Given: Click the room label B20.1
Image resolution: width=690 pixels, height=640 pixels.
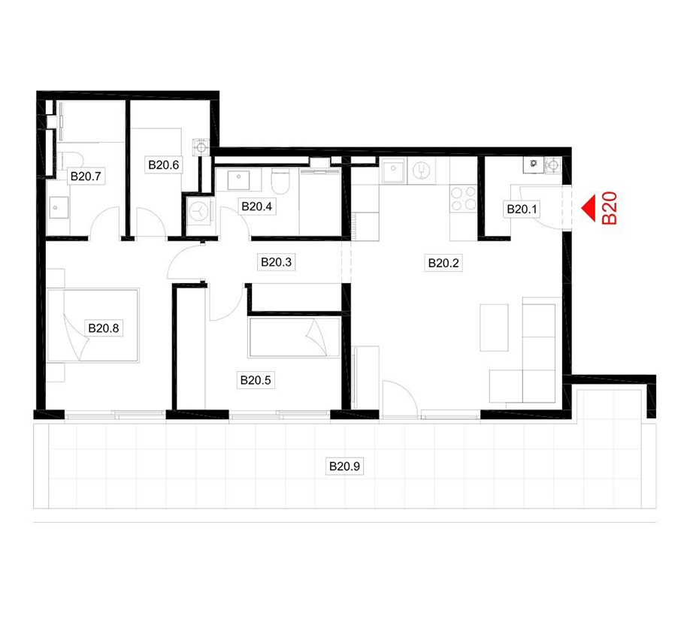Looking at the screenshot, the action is tap(522, 209).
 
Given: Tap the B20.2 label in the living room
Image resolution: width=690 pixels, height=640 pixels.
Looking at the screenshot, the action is tap(443, 263).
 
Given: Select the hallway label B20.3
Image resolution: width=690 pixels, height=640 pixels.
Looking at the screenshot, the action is tap(276, 262).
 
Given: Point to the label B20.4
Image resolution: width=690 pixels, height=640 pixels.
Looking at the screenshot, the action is tap(256, 207).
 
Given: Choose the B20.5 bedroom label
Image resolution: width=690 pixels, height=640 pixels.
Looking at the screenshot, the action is tap(256, 380).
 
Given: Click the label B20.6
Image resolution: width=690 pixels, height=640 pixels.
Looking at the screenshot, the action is tap(163, 165).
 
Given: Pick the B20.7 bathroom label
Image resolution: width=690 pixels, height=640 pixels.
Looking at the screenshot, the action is tap(86, 177).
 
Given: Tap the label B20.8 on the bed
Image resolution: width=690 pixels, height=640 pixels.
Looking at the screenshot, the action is tap(104, 328).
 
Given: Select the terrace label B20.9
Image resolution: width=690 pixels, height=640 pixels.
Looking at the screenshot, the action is tap(344, 466).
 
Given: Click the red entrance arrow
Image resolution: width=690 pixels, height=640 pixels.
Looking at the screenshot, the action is tap(589, 208).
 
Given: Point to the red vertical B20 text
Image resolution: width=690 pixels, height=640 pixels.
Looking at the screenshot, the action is tap(610, 208).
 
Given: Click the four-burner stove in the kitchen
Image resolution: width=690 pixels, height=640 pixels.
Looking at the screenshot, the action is tap(463, 198).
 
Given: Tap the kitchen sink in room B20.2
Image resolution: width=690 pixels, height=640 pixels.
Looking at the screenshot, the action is tap(393, 171).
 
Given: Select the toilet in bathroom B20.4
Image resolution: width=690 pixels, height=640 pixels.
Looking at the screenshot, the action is tap(280, 180).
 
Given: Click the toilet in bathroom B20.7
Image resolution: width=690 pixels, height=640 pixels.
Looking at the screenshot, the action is tap(71, 160).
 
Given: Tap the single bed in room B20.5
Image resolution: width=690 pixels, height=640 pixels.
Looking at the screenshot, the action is tap(295, 338).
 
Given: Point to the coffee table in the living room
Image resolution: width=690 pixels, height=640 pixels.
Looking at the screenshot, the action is tap(494, 328).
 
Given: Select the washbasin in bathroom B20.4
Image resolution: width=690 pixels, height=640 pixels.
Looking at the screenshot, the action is tap(238, 180).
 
